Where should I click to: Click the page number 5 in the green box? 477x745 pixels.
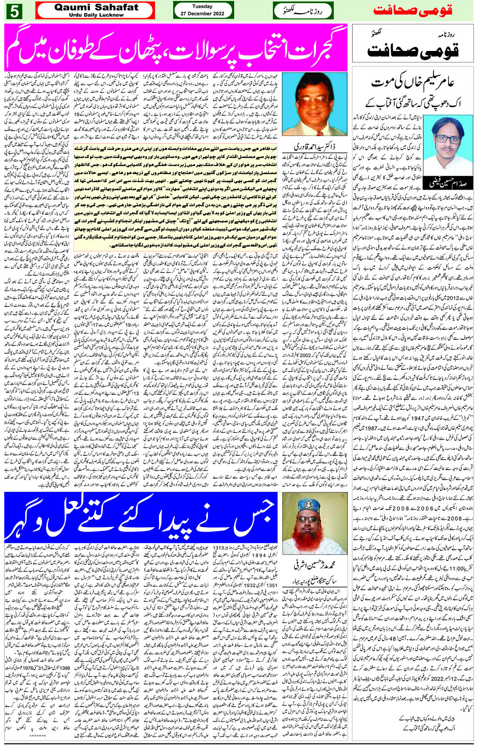(14, 11)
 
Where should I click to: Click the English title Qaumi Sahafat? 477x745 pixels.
(96, 7)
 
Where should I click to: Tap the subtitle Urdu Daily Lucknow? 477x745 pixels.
(96, 15)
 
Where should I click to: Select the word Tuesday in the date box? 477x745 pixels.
(202, 7)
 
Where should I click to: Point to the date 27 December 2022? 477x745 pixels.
(202, 14)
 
